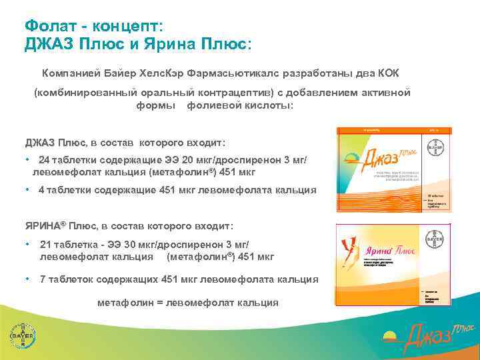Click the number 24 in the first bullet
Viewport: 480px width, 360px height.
pos(44,160)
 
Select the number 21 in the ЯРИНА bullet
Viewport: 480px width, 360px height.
pos(46,244)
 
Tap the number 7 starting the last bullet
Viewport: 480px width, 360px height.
pos(43,279)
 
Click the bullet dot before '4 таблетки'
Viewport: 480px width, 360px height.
pos(27,190)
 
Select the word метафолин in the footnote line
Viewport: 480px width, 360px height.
pos(123,303)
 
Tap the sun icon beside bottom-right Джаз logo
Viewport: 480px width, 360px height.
pos(392,333)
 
